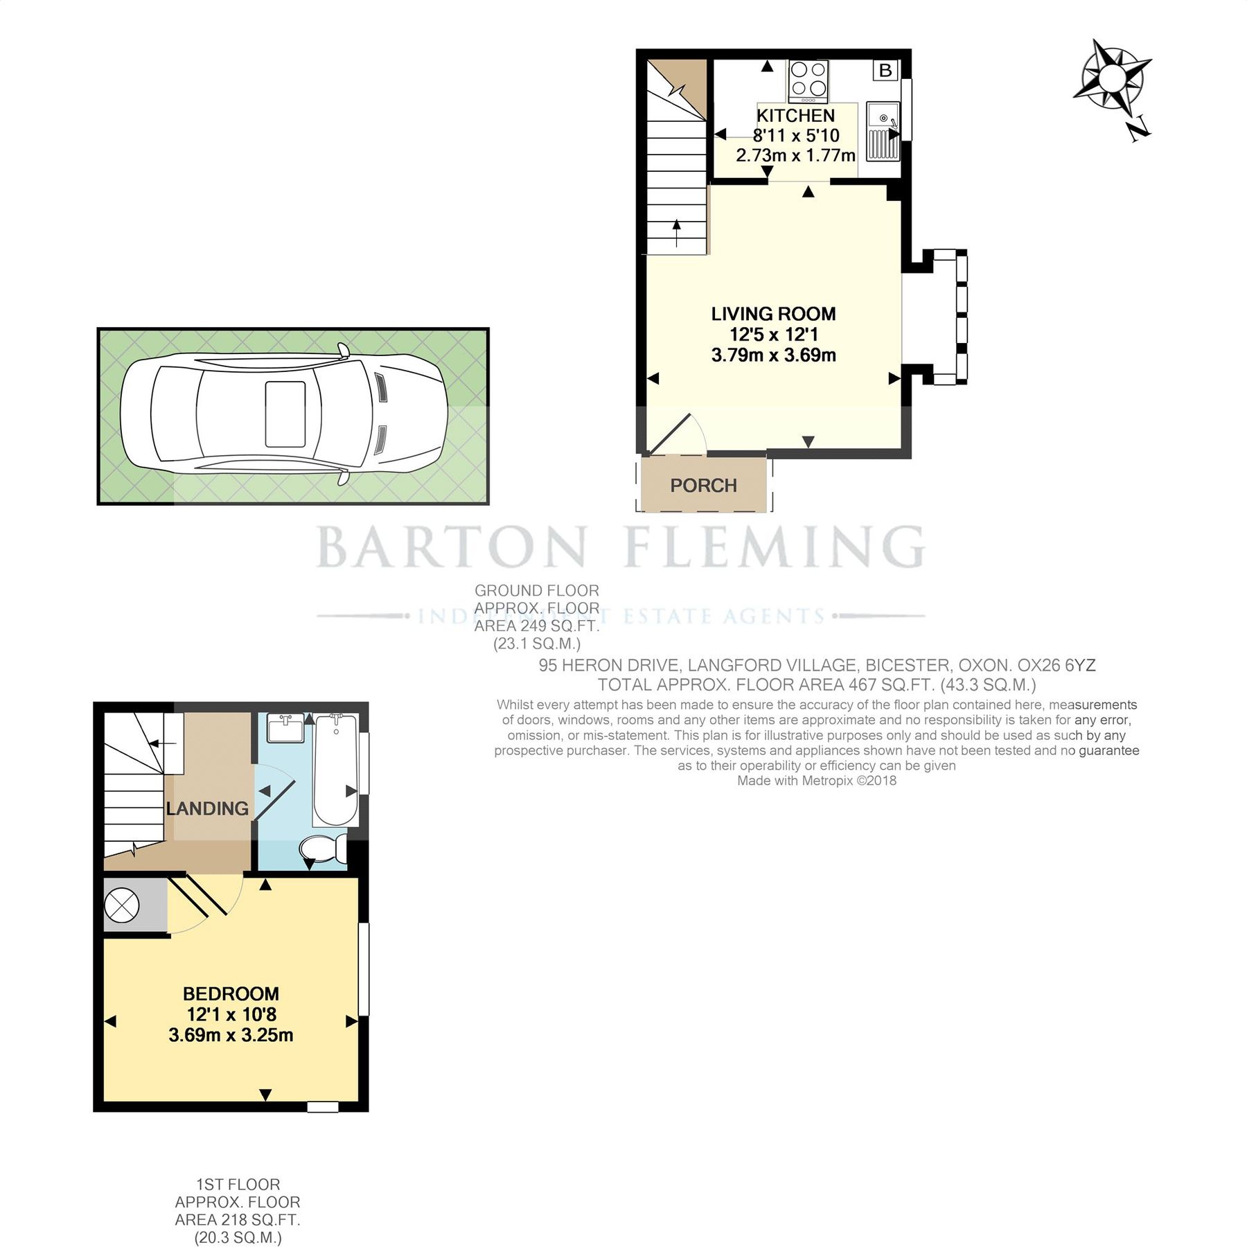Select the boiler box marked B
click(885, 70)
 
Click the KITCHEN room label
click(795, 116)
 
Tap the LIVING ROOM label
click(773, 314)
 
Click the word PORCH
click(703, 486)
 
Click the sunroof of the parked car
click(285, 414)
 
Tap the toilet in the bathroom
click(323, 847)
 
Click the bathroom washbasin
click(286, 729)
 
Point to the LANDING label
click(207, 808)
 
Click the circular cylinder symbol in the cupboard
click(122, 905)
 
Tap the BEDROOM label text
click(231, 993)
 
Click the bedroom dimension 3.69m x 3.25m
click(231, 1035)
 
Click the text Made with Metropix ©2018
click(816, 781)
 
